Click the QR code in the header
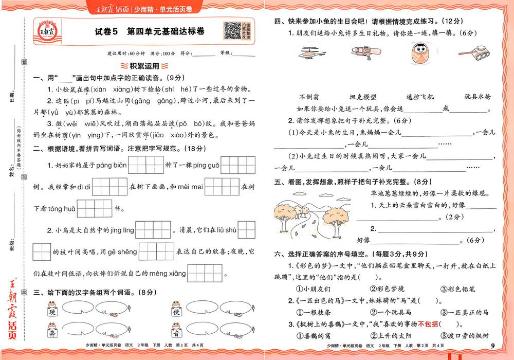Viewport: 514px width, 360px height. (x=233, y=31)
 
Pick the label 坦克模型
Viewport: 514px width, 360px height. (x=363, y=97)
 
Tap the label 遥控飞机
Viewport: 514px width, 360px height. (x=420, y=97)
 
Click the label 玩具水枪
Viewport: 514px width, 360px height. (x=478, y=97)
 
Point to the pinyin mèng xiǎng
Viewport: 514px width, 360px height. (x=171, y=274)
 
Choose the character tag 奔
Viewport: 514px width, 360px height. (x=52, y=333)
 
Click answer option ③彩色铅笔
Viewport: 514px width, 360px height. (x=461, y=289)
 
